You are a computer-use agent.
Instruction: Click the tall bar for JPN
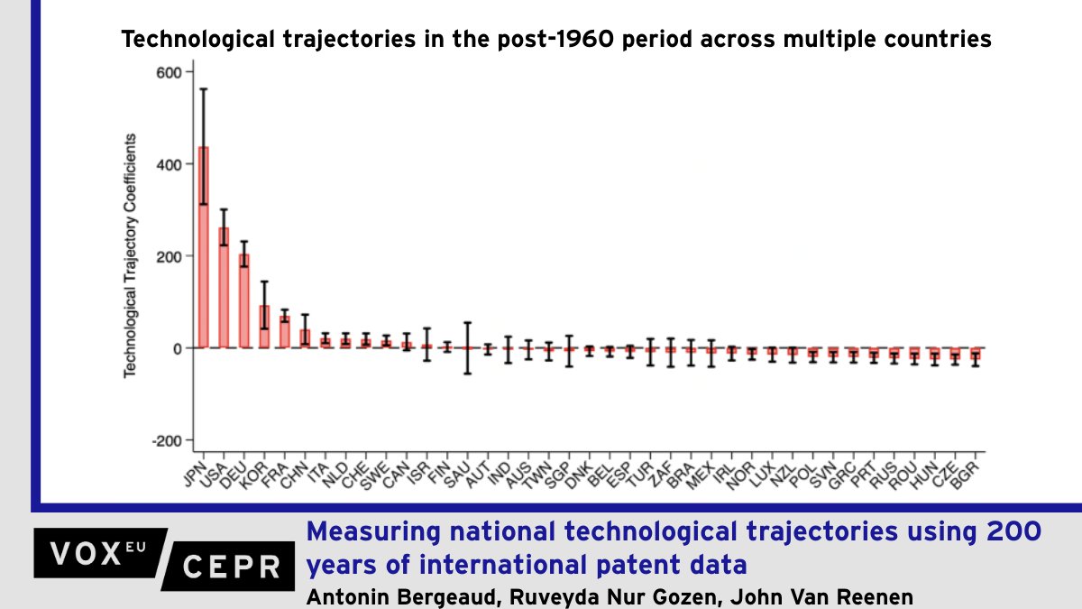(x=204, y=247)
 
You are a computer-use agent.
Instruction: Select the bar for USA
(x=224, y=288)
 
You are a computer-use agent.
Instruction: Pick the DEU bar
(x=244, y=301)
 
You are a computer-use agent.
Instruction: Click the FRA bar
(x=285, y=332)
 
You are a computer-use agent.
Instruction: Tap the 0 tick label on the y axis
(x=177, y=348)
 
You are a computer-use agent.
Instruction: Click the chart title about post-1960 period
(x=556, y=40)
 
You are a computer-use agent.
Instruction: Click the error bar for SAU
(x=467, y=347)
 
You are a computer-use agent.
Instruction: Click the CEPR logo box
(x=230, y=566)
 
